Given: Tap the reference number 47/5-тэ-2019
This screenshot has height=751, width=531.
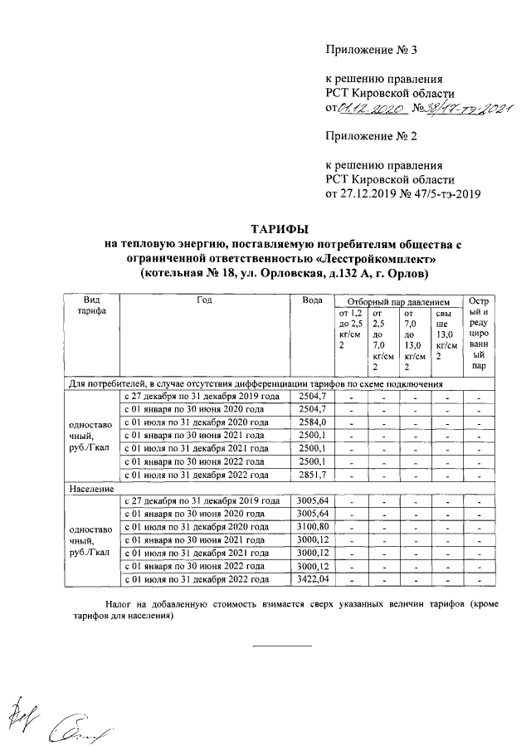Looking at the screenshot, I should pyautogui.click(x=440, y=194).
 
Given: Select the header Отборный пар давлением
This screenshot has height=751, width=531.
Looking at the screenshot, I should pyautogui.click(x=397, y=303).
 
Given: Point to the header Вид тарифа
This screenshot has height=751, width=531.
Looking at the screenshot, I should pyautogui.click(x=92, y=309).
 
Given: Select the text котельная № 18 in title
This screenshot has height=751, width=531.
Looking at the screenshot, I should pyautogui.click(x=184, y=273).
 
